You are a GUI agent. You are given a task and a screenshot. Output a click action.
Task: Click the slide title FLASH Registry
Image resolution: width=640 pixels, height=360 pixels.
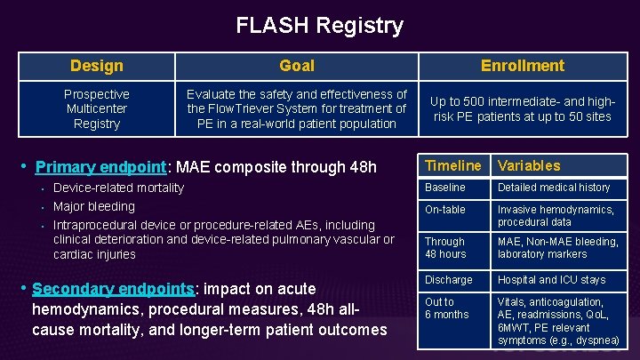(x=319, y=26)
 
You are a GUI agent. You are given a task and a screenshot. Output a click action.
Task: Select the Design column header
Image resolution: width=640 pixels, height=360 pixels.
(x=96, y=66)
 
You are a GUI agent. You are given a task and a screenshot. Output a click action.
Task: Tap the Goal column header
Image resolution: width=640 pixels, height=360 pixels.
(x=296, y=66)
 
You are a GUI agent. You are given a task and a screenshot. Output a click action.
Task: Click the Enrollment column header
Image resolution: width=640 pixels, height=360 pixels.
(x=522, y=66)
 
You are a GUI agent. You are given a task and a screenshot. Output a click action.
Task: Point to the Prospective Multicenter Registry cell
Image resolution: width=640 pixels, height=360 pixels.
(x=96, y=108)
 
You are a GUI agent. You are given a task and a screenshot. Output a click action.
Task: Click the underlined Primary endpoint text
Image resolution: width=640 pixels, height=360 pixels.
(x=100, y=167)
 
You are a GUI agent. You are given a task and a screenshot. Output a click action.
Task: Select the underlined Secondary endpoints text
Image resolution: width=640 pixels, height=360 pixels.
(x=113, y=289)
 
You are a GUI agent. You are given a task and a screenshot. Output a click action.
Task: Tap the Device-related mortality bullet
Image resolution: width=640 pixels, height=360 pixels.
(x=118, y=188)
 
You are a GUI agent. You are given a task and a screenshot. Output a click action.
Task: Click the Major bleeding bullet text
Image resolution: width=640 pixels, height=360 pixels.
(x=94, y=206)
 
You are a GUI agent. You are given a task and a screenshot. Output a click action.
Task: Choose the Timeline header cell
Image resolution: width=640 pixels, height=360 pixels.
(x=452, y=165)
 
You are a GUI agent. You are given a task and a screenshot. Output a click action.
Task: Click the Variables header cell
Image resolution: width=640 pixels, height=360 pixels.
(x=529, y=165)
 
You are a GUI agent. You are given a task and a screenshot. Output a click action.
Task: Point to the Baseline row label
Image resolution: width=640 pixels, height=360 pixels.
(x=444, y=188)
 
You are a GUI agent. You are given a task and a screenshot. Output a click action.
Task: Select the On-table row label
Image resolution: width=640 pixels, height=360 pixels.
(x=445, y=210)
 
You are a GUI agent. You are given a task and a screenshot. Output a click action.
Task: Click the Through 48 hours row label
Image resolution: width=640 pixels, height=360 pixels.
(x=445, y=248)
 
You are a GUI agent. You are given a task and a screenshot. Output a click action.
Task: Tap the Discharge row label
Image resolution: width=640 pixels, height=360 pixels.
(x=448, y=280)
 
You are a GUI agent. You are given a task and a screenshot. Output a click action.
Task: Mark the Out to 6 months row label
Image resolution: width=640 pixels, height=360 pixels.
(x=446, y=308)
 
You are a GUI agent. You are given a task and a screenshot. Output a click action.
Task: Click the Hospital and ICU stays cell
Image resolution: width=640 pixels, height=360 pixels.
(x=551, y=280)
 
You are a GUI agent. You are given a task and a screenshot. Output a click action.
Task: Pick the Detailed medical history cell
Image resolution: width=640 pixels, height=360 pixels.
(x=554, y=188)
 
